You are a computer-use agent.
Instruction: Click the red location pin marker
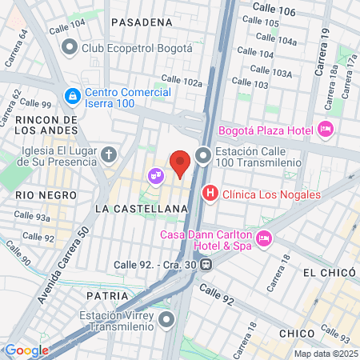click(x=181, y=162)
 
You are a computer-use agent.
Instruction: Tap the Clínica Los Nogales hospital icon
click(x=210, y=193)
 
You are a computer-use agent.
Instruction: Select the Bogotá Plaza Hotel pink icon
click(x=325, y=129)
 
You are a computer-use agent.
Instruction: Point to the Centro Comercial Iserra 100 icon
click(x=73, y=97)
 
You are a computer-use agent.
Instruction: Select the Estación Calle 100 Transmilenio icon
click(x=204, y=155)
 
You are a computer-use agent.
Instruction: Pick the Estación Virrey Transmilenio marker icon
click(x=167, y=321)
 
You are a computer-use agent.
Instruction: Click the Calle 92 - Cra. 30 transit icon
click(x=206, y=264)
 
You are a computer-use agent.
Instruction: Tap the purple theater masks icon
click(x=154, y=174)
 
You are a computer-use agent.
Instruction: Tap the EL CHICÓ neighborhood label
click(x=328, y=273)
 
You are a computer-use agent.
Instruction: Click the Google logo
click(x=26, y=350)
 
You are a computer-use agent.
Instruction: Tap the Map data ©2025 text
click(x=324, y=354)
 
